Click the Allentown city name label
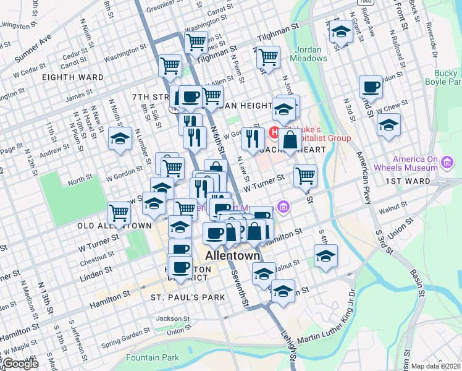[x=232, y=256]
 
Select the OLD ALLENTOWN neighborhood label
[x=114, y=226]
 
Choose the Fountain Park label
[x=153, y=357]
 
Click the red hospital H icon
[x=276, y=132]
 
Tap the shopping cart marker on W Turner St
[x=305, y=176]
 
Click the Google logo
[x=20, y=364]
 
